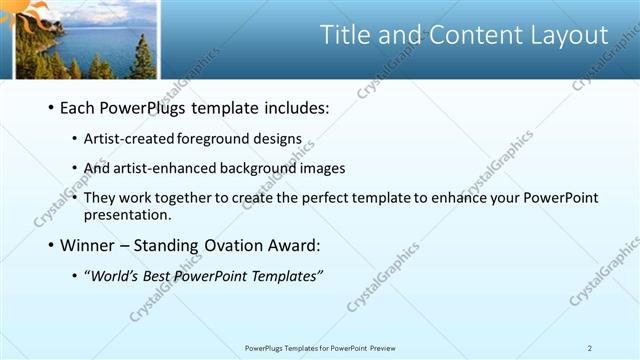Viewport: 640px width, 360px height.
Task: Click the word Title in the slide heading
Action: coord(343,35)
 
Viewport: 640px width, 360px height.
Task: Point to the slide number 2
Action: coord(590,348)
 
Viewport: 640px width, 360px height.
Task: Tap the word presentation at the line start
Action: coord(129,214)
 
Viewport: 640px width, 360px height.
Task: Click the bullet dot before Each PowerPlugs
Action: coord(50,108)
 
